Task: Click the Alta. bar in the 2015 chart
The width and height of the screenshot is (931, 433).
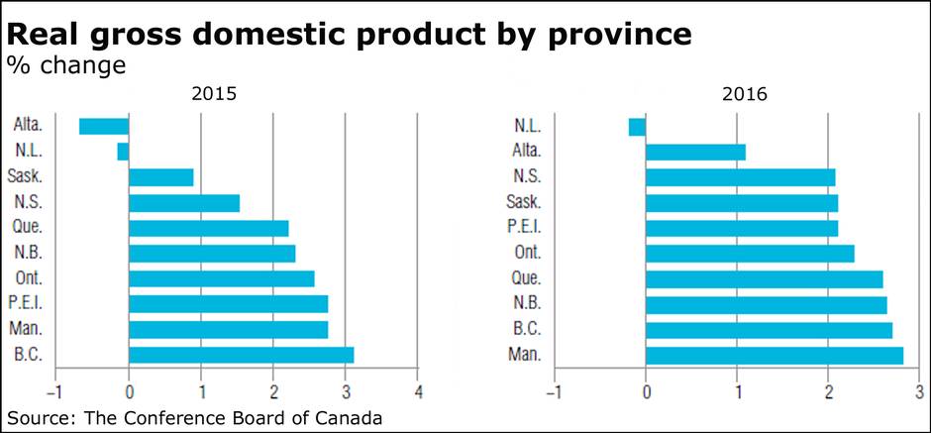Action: click(x=104, y=126)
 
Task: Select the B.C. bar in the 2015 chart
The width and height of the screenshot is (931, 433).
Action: click(x=241, y=355)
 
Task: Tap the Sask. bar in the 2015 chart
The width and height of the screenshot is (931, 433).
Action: click(x=160, y=177)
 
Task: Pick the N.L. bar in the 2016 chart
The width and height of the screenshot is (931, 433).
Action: click(x=637, y=127)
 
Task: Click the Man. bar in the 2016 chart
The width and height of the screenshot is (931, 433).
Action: click(x=774, y=355)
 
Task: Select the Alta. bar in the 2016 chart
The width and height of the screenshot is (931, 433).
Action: click(x=695, y=152)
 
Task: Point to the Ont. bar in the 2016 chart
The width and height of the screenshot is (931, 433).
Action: click(x=749, y=254)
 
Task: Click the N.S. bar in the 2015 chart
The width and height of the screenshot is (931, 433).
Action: click(x=184, y=203)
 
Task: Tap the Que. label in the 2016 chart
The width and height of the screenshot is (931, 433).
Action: click(x=526, y=278)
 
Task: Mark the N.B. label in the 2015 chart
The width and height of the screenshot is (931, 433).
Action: click(x=27, y=253)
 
